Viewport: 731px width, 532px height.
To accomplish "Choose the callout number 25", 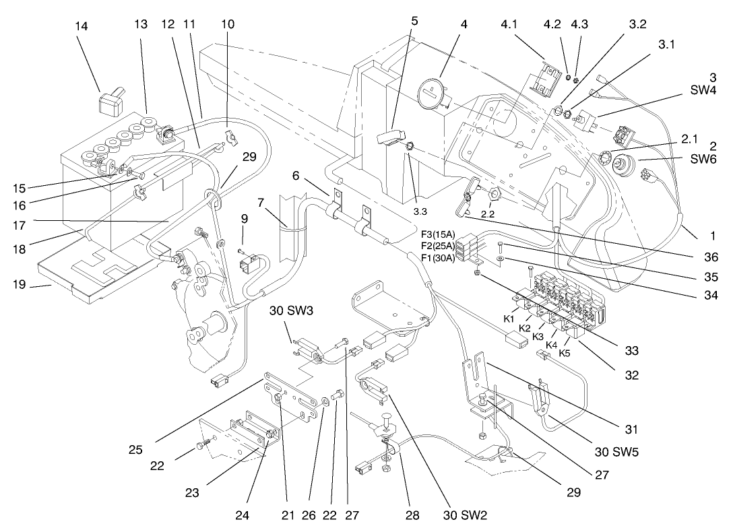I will click(135, 449).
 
